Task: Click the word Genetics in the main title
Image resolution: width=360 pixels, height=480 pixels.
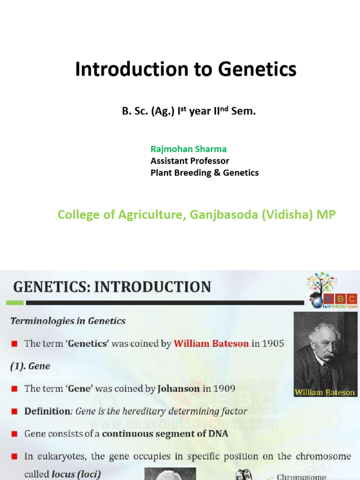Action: tap(257, 69)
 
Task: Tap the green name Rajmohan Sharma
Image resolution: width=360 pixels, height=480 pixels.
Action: tap(188, 149)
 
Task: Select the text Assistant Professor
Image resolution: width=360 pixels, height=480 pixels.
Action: tap(190, 161)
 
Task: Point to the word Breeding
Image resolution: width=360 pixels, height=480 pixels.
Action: tap(193, 172)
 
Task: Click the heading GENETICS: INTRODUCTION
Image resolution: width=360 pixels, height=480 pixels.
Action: tap(112, 287)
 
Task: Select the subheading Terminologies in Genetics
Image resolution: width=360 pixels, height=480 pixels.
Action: tap(68, 321)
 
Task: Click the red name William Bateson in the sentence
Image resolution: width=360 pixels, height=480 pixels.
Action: tap(211, 344)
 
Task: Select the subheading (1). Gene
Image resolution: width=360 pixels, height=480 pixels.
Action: tap(30, 366)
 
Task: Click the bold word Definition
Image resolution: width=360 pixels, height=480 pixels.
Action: tap(47, 411)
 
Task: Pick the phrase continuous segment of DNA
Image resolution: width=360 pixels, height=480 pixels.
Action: tap(165, 434)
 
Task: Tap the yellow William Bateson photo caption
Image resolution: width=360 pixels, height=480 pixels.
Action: tap(325, 392)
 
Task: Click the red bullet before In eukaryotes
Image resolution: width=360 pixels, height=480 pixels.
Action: tap(15, 456)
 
